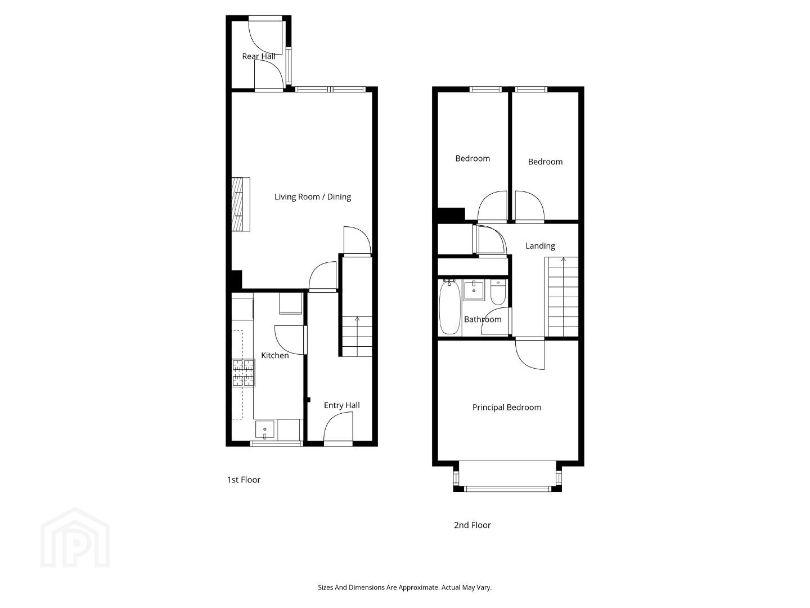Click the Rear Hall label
[x=259, y=56]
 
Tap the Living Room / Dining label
[x=313, y=197]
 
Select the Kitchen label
[x=275, y=355]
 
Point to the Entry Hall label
[x=341, y=405]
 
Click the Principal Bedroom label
[x=507, y=407]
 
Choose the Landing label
[x=540, y=246]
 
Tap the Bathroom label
[x=483, y=319]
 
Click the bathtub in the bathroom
[x=450, y=307]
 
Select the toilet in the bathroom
[x=498, y=292]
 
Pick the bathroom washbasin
[x=474, y=290]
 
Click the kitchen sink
[x=264, y=430]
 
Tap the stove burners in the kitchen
[x=243, y=373]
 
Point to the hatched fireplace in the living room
[x=241, y=204]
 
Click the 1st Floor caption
[x=244, y=480]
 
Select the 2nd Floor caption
[x=472, y=525]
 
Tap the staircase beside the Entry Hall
[x=357, y=336]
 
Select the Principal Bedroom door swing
[x=530, y=355]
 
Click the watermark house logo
[x=75, y=538]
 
